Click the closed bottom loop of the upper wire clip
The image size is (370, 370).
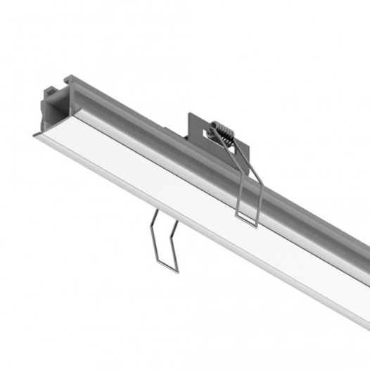[x=247, y=219]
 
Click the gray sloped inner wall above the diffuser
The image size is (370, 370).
[x=141, y=141]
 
